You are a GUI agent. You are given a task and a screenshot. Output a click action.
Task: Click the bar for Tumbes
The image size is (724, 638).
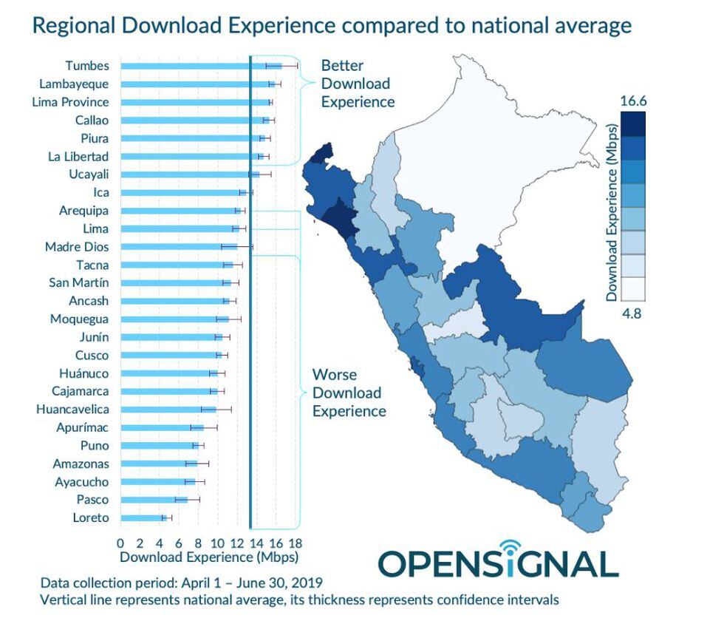(x=192, y=66)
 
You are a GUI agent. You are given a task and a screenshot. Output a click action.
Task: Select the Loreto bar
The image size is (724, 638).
(x=142, y=518)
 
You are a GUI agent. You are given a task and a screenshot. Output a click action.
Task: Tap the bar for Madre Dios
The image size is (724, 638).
(x=177, y=247)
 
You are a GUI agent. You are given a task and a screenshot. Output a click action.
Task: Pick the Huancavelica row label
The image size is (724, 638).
(x=72, y=410)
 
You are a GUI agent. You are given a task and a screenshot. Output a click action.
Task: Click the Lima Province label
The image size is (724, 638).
(x=70, y=102)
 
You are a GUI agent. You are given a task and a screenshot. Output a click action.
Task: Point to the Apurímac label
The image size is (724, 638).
(x=82, y=427)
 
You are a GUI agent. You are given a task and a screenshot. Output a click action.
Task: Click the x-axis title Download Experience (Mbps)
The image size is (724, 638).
(x=209, y=557)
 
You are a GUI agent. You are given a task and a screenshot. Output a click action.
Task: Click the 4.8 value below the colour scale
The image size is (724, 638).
(x=632, y=313)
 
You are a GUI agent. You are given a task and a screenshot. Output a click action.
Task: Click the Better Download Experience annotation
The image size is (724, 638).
(x=358, y=84)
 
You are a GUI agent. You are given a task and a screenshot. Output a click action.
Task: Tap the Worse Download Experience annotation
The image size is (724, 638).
(x=349, y=393)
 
